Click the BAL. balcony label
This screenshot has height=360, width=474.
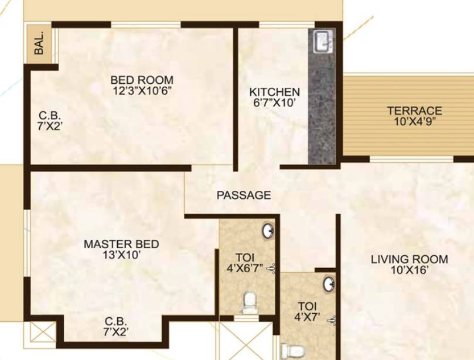click(x=39, y=43)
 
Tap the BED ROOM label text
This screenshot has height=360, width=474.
click(x=142, y=80)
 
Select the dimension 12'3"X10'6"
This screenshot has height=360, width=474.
click(x=142, y=91)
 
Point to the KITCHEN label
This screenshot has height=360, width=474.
click(x=274, y=92)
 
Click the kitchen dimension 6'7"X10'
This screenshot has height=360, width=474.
click(x=274, y=103)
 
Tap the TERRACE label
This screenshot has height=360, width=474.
click(x=414, y=111)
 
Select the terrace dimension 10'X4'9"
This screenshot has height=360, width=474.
click(x=415, y=121)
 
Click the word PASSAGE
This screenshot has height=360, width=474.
click(x=244, y=195)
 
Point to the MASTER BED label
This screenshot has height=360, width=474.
click(x=121, y=244)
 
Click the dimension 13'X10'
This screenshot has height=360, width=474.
click(x=121, y=255)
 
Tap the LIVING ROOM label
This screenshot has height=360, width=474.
click(x=410, y=259)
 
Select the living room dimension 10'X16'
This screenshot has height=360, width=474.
click(x=410, y=270)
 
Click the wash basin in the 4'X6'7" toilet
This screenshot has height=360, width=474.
click(x=268, y=231)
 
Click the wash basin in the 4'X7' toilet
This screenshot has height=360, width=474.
click(x=329, y=284)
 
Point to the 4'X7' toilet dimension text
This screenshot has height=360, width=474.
click(x=307, y=317)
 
